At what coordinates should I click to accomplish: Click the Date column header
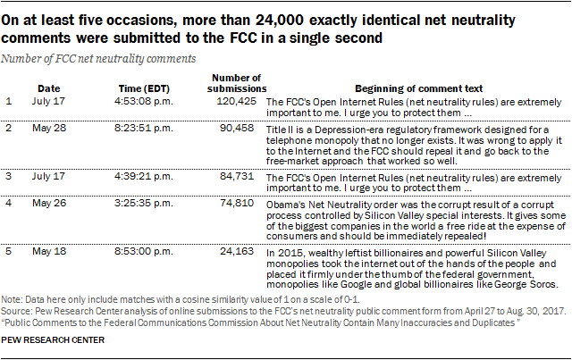pos(49,89)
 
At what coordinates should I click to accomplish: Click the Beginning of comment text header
pos(418,89)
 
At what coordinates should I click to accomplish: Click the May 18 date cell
pos(49,253)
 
